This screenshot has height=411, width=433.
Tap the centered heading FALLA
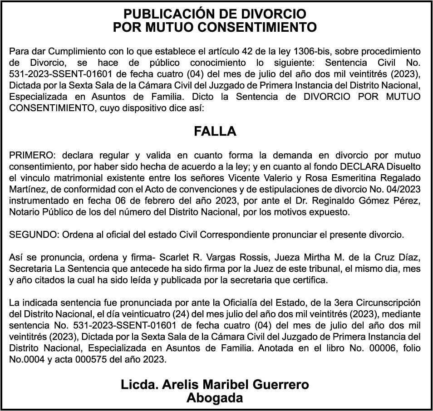[x=215, y=131]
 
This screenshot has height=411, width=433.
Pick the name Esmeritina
[x=334, y=177]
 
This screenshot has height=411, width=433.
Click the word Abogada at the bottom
[x=215, y=398]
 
